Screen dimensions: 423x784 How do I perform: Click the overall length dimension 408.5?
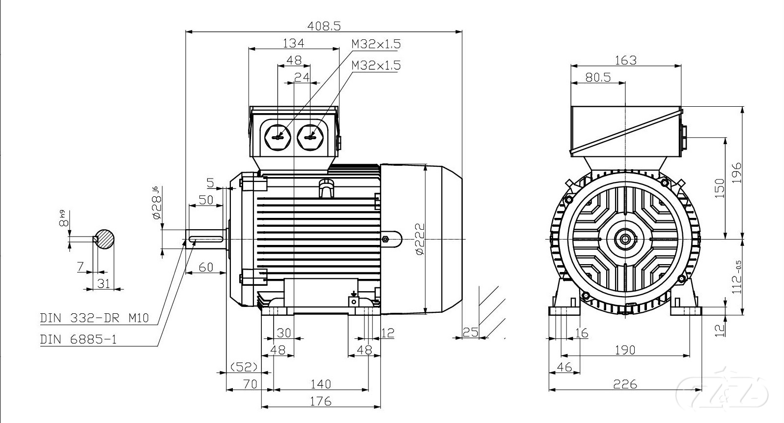tap(323, 25)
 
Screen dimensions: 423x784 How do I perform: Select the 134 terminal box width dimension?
tap(293, 43)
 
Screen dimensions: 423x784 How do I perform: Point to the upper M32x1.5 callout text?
tap(376, 44)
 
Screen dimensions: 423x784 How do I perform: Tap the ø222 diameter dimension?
tap(419, 239)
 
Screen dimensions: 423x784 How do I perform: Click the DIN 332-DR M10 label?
tap(94, 318)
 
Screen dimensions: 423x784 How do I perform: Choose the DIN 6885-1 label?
tap(79, 339)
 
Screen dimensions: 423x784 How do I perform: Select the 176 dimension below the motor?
tap(321, 401)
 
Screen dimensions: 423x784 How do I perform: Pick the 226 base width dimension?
tap(625, 384)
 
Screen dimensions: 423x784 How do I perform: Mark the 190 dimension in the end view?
tap(625, 350)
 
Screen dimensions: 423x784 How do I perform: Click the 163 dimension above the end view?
tap(625, 60)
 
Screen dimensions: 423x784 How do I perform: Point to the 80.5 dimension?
tap(597, 77)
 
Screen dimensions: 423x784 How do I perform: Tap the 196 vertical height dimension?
tap(736, 172)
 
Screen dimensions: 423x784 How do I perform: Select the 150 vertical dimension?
tap(719, 188)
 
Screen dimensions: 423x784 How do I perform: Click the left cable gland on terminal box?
tap(278, 136)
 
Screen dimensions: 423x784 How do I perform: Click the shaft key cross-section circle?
tap(105, 240)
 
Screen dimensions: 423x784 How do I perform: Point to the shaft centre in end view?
tap(625, 239)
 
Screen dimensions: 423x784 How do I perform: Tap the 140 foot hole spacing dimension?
tap(321, 384)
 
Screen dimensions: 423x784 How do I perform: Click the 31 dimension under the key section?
tap(104, 283)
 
